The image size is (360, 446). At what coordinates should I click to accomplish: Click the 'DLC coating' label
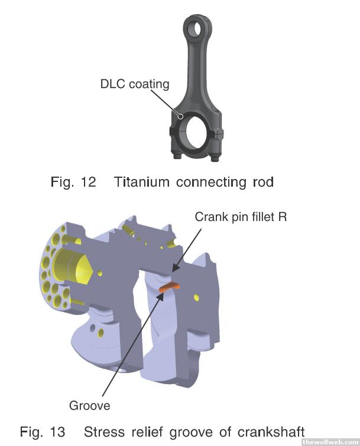click(134, 84)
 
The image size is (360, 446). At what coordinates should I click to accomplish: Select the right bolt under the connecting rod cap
click(215, 158)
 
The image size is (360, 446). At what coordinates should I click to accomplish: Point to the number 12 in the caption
click(88, 182)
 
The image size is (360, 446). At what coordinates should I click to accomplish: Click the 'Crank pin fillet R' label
click(241, 217)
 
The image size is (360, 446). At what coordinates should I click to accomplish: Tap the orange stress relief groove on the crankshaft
click(170, 287)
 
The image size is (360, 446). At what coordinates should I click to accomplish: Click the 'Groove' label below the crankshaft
click(90, 406)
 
